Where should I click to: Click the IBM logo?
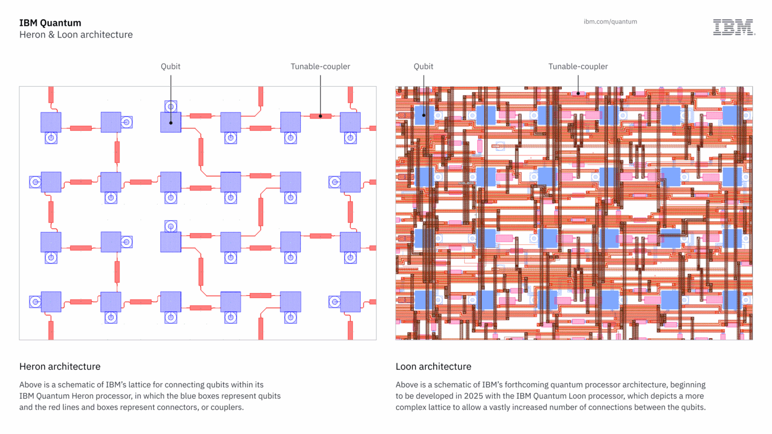coord(733,27)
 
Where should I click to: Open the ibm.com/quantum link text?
coord(610,22)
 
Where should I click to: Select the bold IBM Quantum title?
coord(50,23)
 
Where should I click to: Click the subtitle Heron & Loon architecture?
coord(76,35)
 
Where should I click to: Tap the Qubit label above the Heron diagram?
coord(170,66)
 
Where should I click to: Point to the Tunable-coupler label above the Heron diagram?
coord(320,66)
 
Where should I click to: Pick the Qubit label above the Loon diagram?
coord(423,66)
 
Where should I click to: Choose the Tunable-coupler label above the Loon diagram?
coord(578,66)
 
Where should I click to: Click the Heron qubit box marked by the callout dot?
coord(170,122)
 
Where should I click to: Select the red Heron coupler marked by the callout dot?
coord(321,116)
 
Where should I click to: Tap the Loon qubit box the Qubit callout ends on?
coord(424,115)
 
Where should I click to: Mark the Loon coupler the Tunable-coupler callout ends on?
coord(578,93)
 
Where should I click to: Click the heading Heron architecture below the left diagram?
coord(60,366)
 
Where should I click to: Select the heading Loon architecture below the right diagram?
coord(433,366)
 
